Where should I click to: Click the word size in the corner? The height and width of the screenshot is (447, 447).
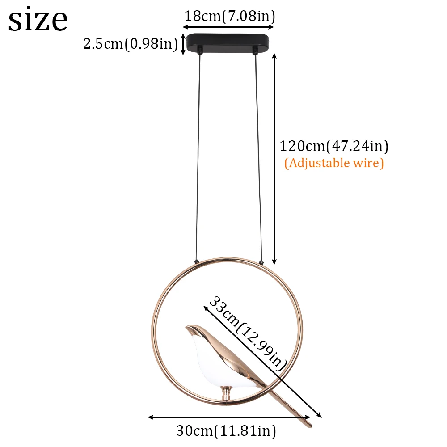point(38,19)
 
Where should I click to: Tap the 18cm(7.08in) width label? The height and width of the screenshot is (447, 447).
point(230,16)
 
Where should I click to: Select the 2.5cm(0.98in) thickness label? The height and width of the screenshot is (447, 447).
point(131,44)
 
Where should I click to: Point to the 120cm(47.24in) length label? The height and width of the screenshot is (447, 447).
point(334,146)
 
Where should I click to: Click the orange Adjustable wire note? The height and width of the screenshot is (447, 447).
point(334,163)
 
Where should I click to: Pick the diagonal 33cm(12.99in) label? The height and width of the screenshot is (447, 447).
point(247,334)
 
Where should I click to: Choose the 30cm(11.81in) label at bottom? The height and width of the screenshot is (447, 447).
point(226,430)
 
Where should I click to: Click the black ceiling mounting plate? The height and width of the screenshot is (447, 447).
point(228,43)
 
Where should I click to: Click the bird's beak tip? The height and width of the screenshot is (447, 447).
point(186,327)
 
